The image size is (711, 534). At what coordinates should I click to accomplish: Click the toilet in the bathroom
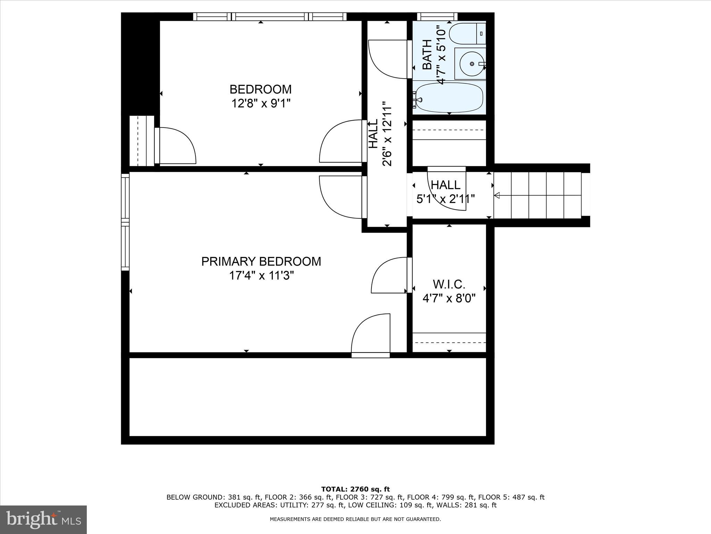(x=467, y=33)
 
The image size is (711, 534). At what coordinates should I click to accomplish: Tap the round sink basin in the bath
(x=471, y=64)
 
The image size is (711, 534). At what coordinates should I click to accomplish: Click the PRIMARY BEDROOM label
(x=261, y=261)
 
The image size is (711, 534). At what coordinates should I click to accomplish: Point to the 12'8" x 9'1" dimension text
(x=261, y=103)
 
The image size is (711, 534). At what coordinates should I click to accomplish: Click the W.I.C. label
(x=449, y=284)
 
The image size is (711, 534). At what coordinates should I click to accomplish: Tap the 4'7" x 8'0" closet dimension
(x=449, y=298)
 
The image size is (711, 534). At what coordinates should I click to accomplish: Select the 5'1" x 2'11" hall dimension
(x=445, y=199)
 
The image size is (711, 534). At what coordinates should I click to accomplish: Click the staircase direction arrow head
(x=497, y=195)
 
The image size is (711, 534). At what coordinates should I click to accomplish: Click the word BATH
(x=427, y=55)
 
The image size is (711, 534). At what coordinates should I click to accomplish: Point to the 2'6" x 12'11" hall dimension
(x=387, y=134)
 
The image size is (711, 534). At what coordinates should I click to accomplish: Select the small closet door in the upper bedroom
(x=176, y=145)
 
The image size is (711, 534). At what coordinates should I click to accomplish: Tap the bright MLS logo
(x=43, y=519)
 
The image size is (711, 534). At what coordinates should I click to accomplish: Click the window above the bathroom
(x=437, y=16)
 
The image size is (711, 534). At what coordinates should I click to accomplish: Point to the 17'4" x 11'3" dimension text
(x=261, y=276)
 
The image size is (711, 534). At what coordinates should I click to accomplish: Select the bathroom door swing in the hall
(x=387, y=59)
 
